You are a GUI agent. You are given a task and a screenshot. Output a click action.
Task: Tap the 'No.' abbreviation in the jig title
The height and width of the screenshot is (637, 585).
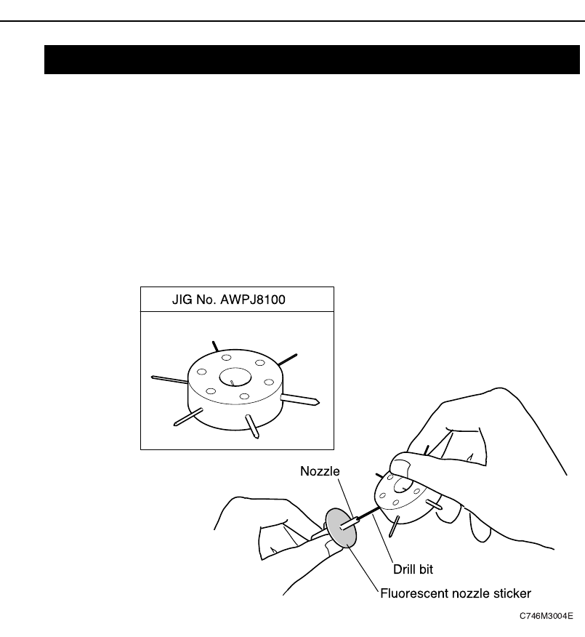coord(207,300)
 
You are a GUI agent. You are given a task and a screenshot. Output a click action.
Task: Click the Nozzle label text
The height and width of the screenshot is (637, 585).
coord(320,471)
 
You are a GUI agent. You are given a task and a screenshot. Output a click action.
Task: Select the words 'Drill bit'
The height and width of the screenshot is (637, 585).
coord(413,569)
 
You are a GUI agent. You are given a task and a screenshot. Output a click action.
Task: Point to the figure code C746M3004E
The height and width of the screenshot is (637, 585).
coord(546,616)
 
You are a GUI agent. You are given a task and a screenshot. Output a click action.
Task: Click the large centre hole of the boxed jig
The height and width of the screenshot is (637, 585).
coord(235,378)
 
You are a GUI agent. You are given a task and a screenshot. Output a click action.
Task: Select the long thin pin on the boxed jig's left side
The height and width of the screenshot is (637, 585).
coord(169,378)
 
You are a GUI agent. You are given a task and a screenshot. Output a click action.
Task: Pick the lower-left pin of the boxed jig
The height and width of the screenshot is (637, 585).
coord(188,416)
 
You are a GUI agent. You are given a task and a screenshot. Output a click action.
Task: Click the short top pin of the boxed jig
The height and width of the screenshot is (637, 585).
coord(214,345)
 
